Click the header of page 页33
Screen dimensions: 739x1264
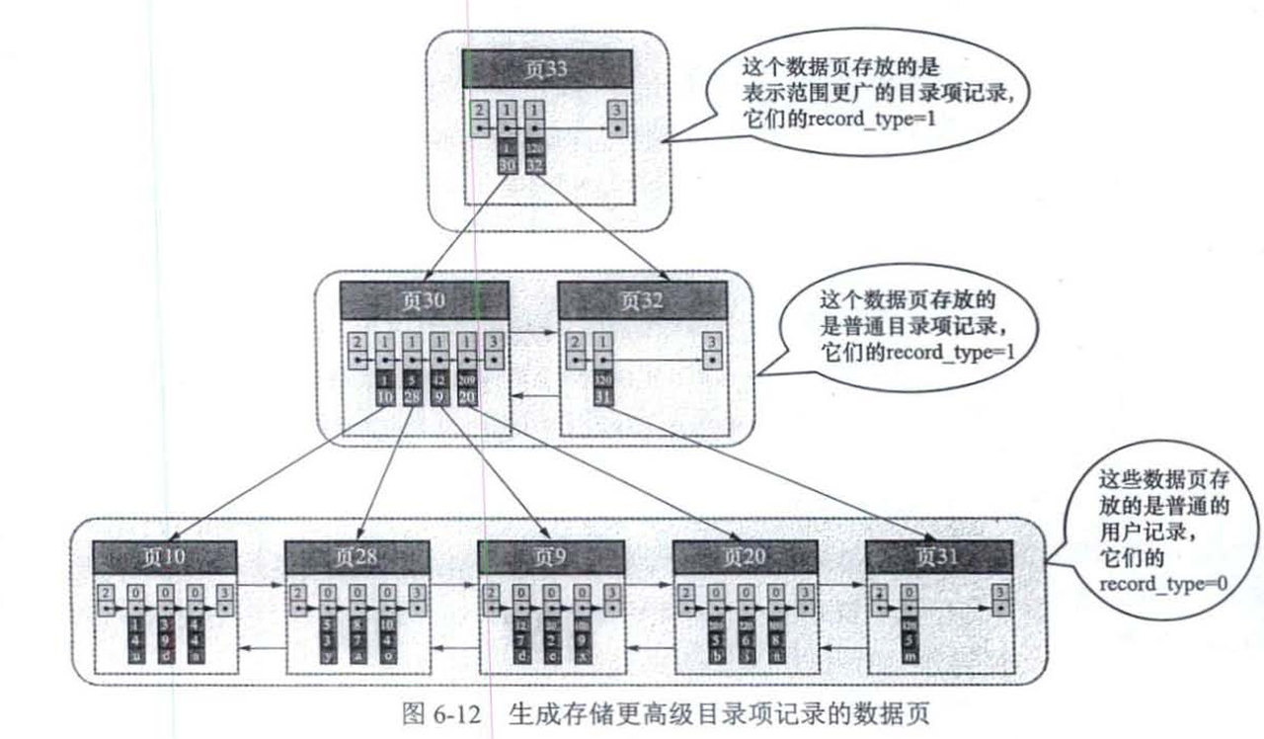(x=547, y=68)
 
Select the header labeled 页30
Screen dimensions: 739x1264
(x=425, y=300)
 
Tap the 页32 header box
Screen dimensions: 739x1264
(x=642, y=300)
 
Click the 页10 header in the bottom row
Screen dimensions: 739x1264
(x=165, y=557)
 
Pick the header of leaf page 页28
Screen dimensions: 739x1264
(x=357, y=557)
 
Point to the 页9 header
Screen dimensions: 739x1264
(x=550, y=557)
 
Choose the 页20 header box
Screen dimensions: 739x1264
(x=745, y=557)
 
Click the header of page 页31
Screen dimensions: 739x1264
(x=938, y=557)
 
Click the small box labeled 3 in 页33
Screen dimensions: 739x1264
(x=616, y=119)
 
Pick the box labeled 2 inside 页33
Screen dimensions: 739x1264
(x=479, y=119)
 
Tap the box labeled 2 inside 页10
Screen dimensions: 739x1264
(x=107, y=601)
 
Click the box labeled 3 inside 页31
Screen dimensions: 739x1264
(x=1001, y=601)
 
